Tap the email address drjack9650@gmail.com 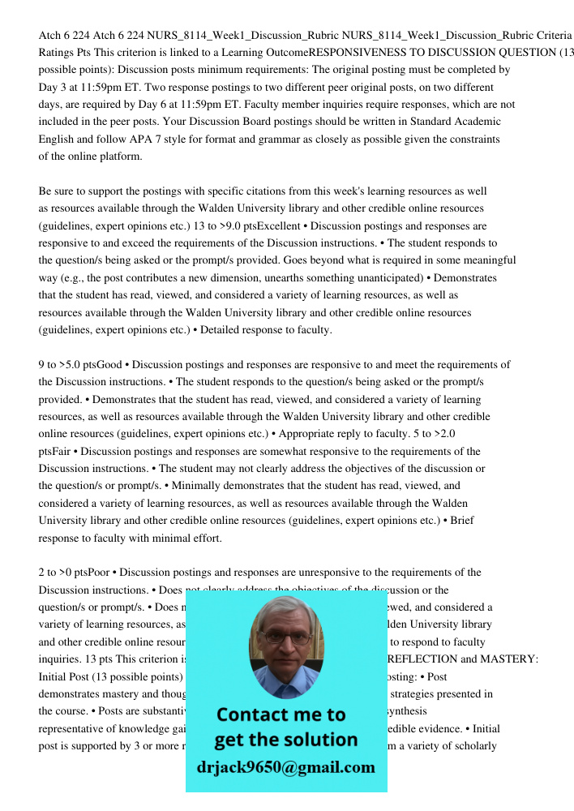286,767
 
